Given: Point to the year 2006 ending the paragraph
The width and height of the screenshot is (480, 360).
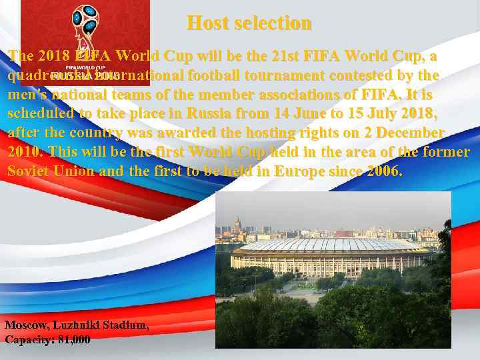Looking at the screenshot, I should coord(384,171).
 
